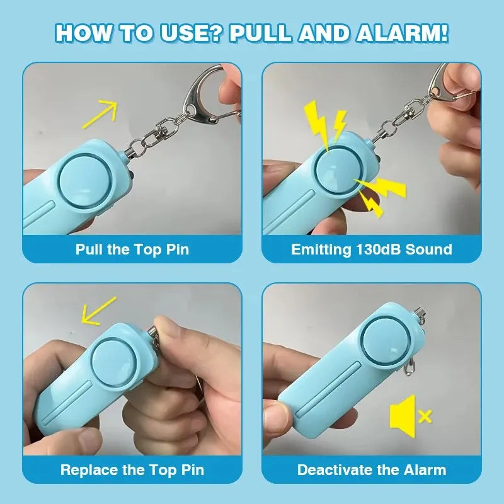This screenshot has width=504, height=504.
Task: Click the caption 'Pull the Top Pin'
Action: [132, 249]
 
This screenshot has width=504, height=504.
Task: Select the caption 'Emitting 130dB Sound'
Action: [372, 249]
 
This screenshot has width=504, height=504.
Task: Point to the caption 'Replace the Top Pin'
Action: [132, 470]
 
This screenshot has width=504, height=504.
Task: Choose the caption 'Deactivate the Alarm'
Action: [372, 470]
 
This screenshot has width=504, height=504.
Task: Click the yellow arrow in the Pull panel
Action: [100, 115]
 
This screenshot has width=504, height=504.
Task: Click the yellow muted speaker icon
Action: [403, 415]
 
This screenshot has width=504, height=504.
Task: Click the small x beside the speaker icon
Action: [425, 416]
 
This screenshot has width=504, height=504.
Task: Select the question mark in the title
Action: [216, 33]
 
